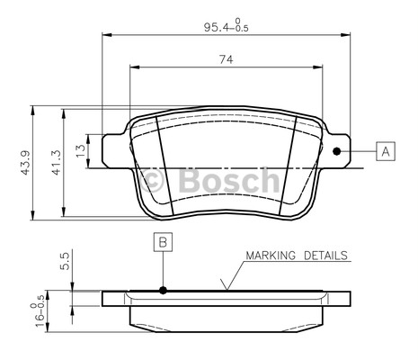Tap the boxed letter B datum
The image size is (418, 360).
[163, 241]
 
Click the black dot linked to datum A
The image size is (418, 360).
[337, 150]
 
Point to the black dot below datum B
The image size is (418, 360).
[163, 290]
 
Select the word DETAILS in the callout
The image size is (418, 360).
[325, 256]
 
